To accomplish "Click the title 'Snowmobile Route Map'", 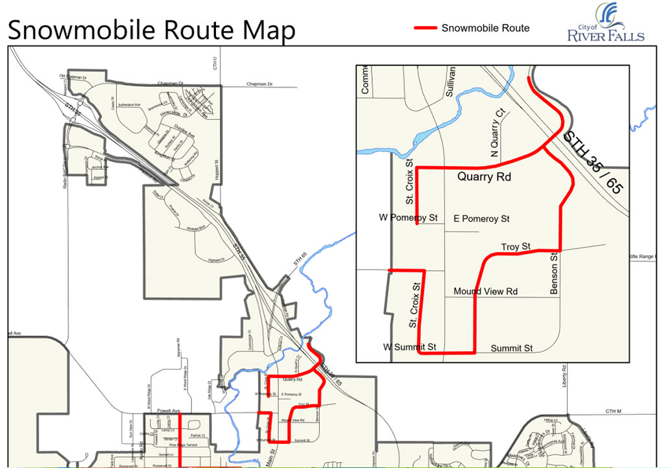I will pyautogui.click(x=151, y=30).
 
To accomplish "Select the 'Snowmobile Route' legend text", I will pyautogui.click(x=485, y=28).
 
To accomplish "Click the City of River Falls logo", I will pyautogui.click(x=605, y=23).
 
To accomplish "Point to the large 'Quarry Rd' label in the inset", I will pyautogui.click(x=484, y=176).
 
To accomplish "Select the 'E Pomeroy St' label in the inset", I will pyautogui.click(x=481, y=219).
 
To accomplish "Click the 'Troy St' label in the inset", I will pyautogui.click(x=516, y=246).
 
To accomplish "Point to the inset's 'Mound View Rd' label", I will pyautogui.click(x=485, y=291).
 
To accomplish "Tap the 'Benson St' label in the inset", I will pyautogui.click(x=554, y=275).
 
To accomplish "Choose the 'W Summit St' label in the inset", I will pyautogui.click(x=409, y=347).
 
